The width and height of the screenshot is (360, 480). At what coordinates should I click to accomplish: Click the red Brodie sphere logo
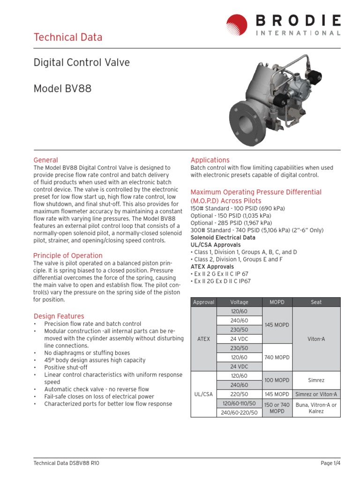click(x=237, y=25)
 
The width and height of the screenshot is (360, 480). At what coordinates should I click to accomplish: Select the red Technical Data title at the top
click(x=68, y=37)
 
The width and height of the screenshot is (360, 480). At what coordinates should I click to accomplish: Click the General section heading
click(x=46, y=160)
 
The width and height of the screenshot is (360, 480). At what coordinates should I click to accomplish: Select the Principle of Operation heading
click(x=68, y=255)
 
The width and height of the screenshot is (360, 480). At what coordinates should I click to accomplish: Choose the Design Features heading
click(x=59, y=316)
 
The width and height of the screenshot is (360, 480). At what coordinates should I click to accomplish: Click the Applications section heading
click(x=210, y=160)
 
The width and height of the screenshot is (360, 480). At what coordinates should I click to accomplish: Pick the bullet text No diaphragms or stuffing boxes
click(x=87, y=353)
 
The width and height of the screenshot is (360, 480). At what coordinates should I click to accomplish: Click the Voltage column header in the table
click(x=240, y=302)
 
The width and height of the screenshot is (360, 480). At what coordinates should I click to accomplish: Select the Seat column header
click(x=316, y=302)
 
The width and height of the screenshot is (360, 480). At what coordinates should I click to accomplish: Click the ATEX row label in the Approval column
click(x=203, y=338)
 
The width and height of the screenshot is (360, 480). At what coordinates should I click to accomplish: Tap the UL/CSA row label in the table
click(x=203, y=394)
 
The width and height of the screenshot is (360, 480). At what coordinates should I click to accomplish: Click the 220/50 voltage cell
click(x=240, y=394)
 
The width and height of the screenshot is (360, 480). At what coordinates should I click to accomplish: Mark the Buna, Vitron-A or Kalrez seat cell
click(x=316, y=408)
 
